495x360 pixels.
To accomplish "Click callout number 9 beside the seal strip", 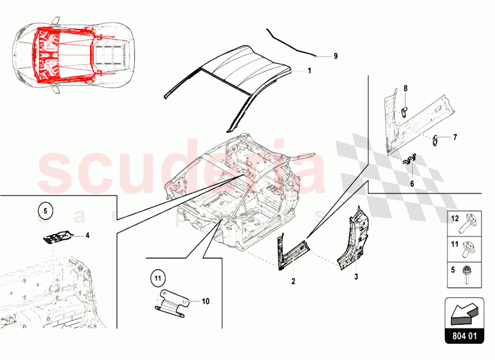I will click(335, 56).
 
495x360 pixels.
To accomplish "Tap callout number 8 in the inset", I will click(405, 88).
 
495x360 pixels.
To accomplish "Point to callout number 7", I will click(455, 137).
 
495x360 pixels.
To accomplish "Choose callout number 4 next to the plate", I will click(87, 236).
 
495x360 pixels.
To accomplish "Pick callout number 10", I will click(205, 300).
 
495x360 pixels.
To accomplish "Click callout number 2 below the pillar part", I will click(293, 281).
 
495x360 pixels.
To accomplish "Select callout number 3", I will click(355, 277).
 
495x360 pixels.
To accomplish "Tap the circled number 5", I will click(45, 212).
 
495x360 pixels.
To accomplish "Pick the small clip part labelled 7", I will click(436, 140).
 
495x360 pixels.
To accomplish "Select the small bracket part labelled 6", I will click(410, 159).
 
